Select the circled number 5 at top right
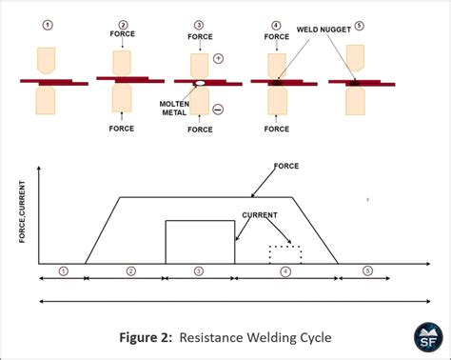(360, 26)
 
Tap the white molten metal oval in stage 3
(200, 84)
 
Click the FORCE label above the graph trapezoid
(285, 166)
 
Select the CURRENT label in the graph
(258, 215)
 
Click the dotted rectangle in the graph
(284, 254)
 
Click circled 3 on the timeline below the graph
(198, 271)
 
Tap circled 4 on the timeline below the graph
(284, 271)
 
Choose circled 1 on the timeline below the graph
(63, 271)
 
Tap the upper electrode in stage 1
(45, 61)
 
